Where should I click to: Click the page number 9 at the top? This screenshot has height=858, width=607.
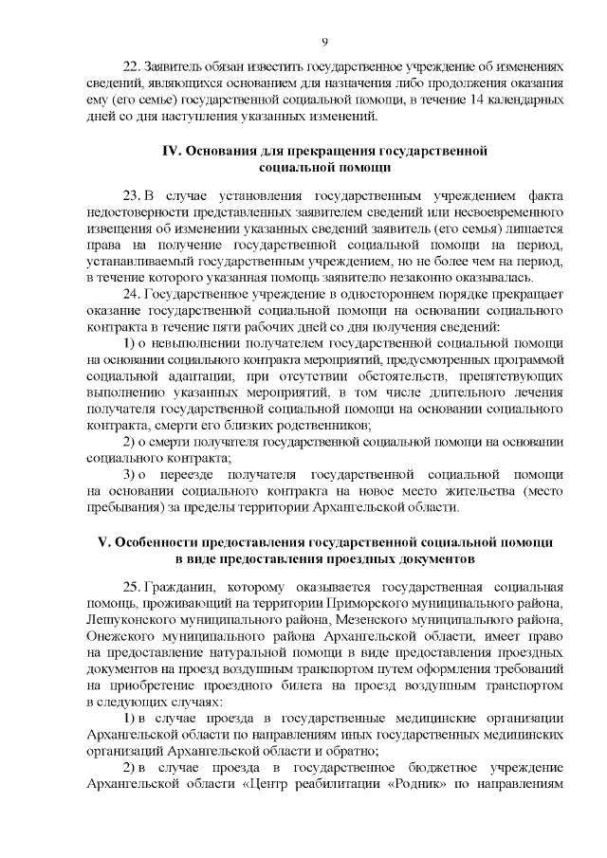[324, 42]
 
